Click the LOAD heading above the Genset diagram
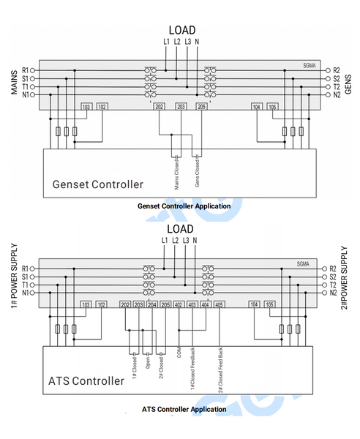(182, 30)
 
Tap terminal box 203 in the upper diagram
(181, 107)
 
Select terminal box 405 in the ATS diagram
(220, 304)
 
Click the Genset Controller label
(98, 184)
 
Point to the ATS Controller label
(86, 380)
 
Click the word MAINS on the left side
(15, 82)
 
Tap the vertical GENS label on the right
(348, 84)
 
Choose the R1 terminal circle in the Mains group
(32, 70)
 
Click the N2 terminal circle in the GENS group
(328, 95)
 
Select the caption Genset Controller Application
(184, 206)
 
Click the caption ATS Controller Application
(184, 409)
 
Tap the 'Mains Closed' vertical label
(176, 174)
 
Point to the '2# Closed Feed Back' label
(220, 370)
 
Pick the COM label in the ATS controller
(179, 352)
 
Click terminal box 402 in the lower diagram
(179, 304)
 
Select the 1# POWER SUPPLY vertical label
(15, 276)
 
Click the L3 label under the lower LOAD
(186, 241)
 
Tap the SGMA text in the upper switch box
(310, 66)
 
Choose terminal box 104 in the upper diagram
(256, 107)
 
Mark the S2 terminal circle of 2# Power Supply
(324, 277)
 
